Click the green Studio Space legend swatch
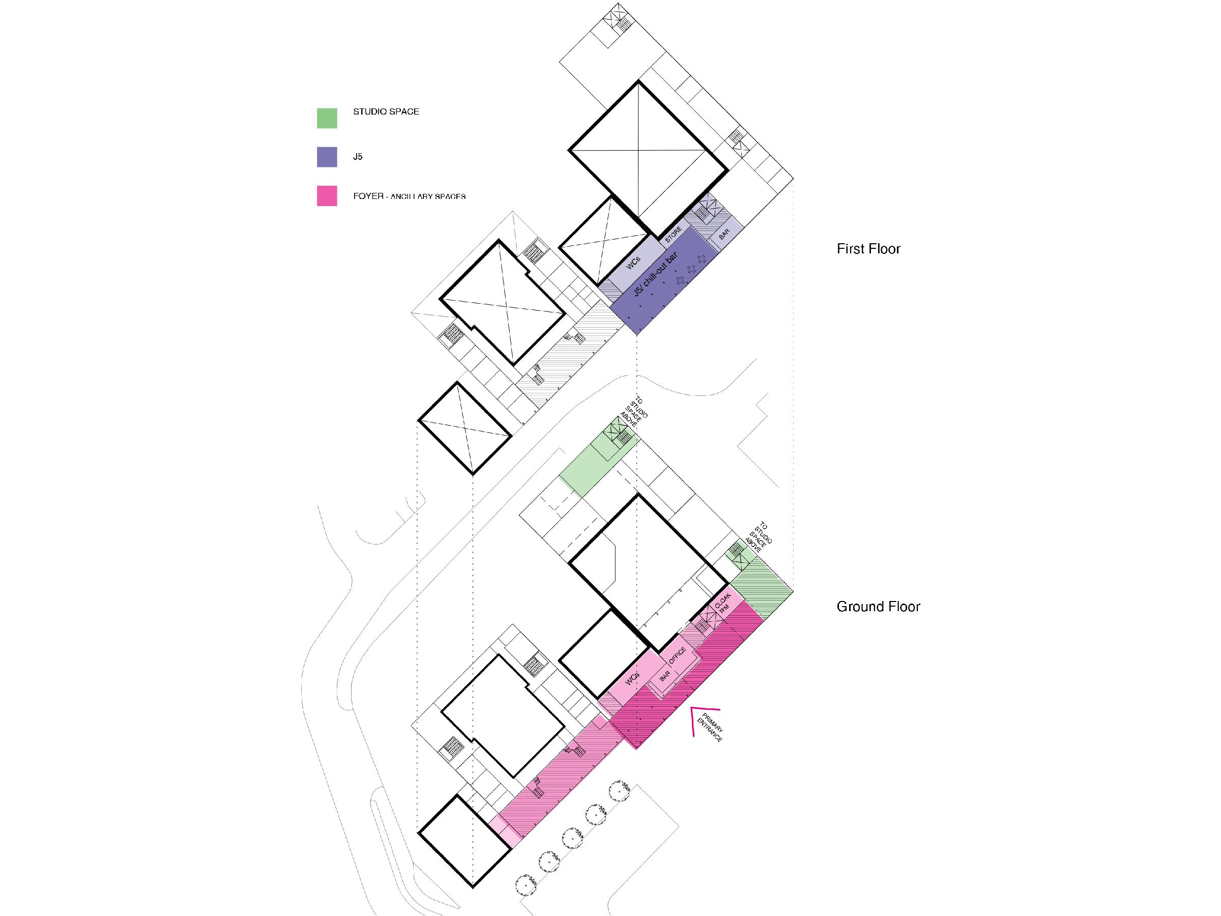point(327,118)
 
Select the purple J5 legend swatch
point(327,157)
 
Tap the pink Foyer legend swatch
point(327,196)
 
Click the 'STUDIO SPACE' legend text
point(386,111)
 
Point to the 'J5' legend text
point(358,157)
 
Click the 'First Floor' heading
point(868,249)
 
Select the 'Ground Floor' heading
point(878,607)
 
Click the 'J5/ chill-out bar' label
point(655,274)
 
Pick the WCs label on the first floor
point(633,264)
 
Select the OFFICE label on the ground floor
point(677,656)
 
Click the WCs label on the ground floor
point(632,679)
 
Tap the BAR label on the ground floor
point(664,675)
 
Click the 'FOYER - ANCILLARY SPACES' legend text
point(409,196)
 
